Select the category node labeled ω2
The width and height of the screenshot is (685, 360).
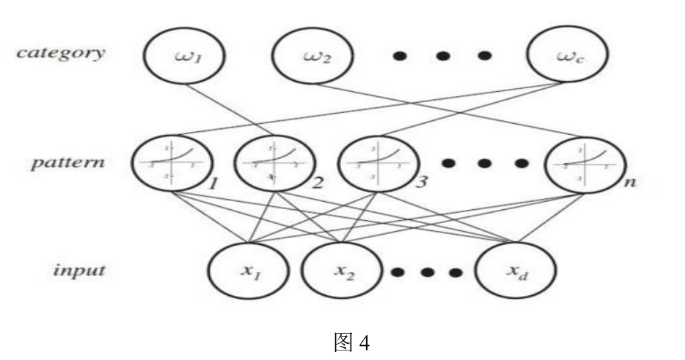tap(313, 55)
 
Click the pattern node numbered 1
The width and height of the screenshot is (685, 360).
tap(171, 162)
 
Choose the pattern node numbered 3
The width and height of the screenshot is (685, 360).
tap(377, 162)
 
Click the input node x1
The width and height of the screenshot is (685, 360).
tap(250, 270)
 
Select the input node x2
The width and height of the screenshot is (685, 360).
tap(342, 270)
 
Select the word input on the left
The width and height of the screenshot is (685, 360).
tap(81, 270)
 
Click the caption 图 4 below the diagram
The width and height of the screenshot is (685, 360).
tap(351, 340)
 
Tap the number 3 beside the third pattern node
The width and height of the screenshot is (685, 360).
tap(420, 182)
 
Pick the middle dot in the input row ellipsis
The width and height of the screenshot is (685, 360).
tap(427, 273)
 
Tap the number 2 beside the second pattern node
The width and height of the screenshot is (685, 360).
tap(318, 183)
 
